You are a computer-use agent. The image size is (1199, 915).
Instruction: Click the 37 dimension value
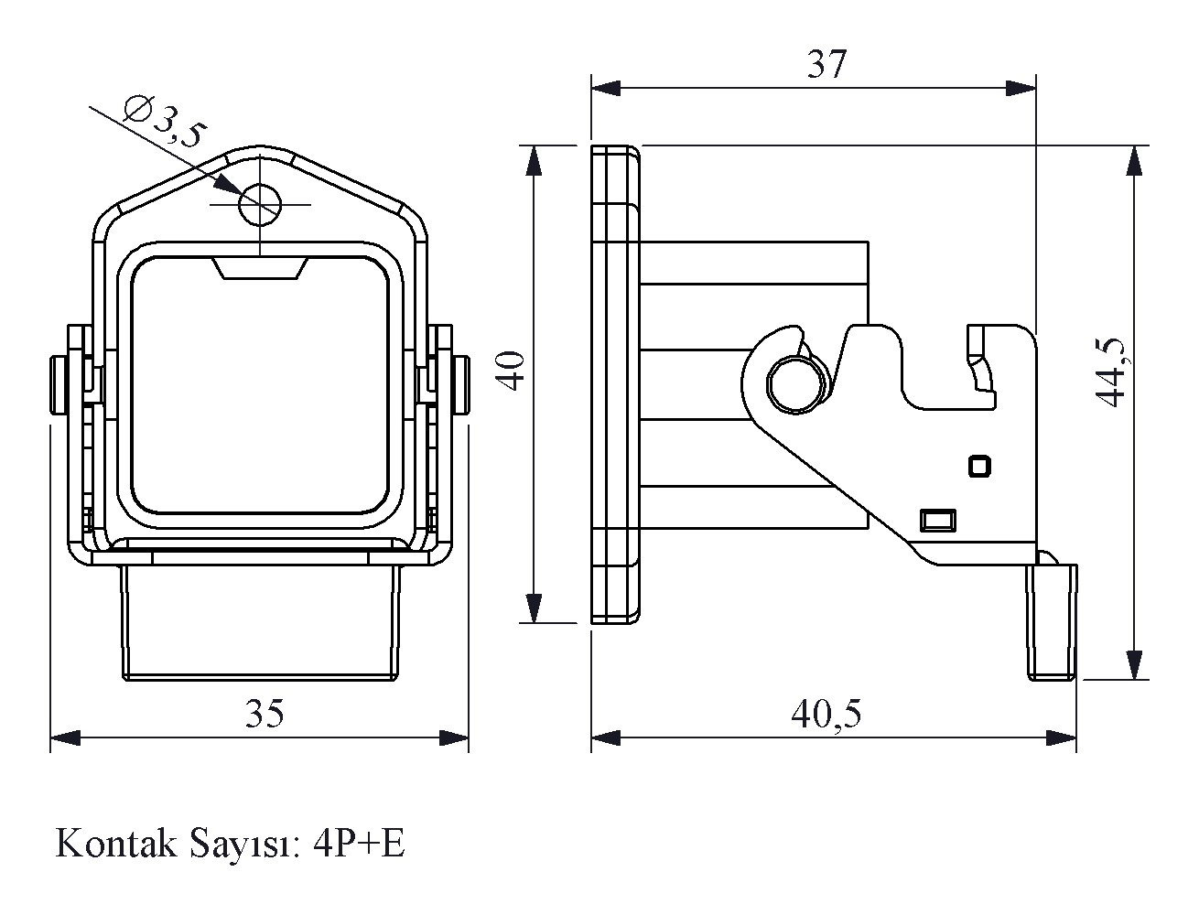click(826, 65)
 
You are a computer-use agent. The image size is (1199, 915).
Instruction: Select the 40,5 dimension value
click(826, 714)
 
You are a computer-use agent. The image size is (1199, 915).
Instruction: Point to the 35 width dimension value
click(265, 714)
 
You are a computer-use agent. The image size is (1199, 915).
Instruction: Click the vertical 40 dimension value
click(513, 370)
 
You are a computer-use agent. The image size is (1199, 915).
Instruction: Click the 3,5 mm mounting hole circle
click(259, 203)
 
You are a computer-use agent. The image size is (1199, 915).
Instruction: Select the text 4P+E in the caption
click(358, 844)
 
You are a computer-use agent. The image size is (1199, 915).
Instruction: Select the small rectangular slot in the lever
click(937, 520)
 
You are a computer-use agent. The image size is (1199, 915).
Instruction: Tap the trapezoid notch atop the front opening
click(259, 269)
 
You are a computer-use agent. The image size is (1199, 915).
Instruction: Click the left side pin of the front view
click(59, 383)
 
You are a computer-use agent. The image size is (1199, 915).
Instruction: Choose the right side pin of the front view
click(463, 383)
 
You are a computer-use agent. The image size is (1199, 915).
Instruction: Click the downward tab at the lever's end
click(1053, 622)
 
